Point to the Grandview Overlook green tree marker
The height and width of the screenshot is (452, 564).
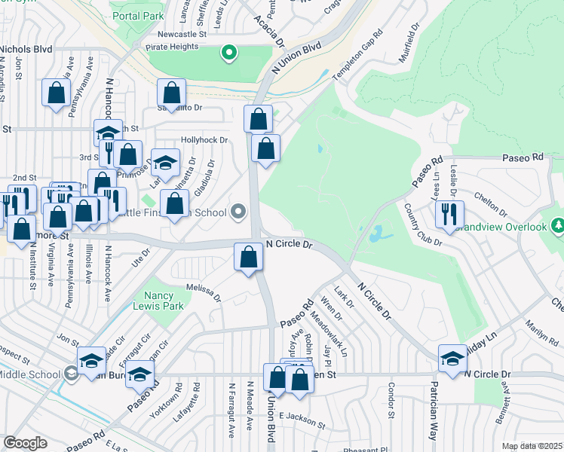(x=557, y=225)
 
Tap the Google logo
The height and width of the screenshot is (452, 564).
(x=25, y=443)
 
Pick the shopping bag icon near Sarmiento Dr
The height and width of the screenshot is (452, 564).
(x=172, y=93)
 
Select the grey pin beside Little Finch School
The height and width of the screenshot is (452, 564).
(x=240, y=212)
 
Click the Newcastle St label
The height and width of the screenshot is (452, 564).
(x=182, y=35)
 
